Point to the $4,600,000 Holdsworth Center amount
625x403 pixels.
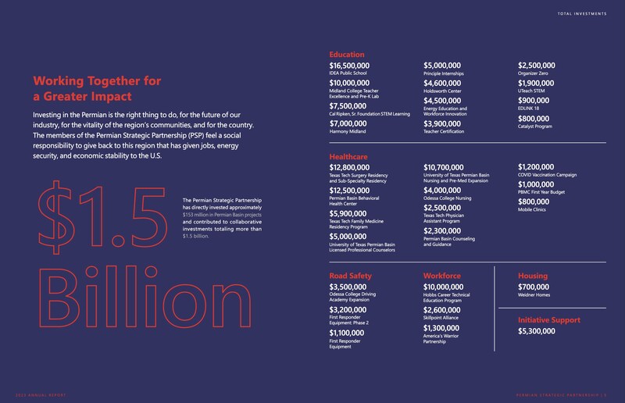click(x=448, y=84)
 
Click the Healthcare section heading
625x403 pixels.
click(x=353, y=156)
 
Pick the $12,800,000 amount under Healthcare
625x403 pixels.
click(x=358, y=168)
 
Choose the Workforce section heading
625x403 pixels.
click(x=446, y=276)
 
